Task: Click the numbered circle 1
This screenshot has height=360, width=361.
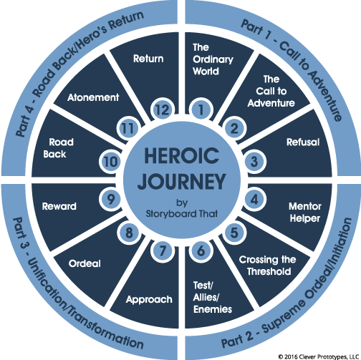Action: pyautogui.click(x=201, y=110)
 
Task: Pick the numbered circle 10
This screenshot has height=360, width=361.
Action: pyautogui.click(x=110, y=162)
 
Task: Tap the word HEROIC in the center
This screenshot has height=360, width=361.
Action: pyautogui.click(x=180, y=156)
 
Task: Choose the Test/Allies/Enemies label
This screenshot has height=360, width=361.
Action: pyautogui.click(x=213, y=297)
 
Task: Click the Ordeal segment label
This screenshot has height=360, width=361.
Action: pyautogui.click(x=85, y=263)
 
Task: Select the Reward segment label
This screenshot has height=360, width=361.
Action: pyautogui.click(x=59, y=206)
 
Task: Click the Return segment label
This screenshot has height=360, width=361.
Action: pyautogui.click(x=148, y=59)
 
